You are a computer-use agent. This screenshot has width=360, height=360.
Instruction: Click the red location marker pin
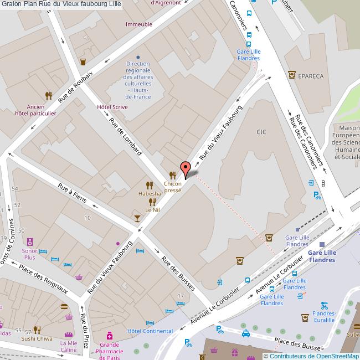click(x=186, y=168)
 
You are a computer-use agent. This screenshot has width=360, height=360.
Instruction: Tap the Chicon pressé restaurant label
click(x=173, y=186)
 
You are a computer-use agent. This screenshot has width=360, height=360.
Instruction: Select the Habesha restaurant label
click(x=150, y=194)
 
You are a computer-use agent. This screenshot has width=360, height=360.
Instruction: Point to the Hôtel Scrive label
click(x=112, y=106)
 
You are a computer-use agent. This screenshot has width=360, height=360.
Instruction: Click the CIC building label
click(x=261, y=132)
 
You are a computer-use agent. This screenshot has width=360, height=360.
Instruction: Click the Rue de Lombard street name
click(x=126, y=136)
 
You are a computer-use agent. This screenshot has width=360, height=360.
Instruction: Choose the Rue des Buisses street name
click(x=178, y=272)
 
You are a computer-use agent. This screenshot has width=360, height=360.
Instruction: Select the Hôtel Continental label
click(x=150, y=331)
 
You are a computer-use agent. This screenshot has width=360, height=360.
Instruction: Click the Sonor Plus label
click(x=30, y=254)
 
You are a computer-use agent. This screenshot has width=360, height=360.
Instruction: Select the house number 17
click(x=180, y=296)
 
